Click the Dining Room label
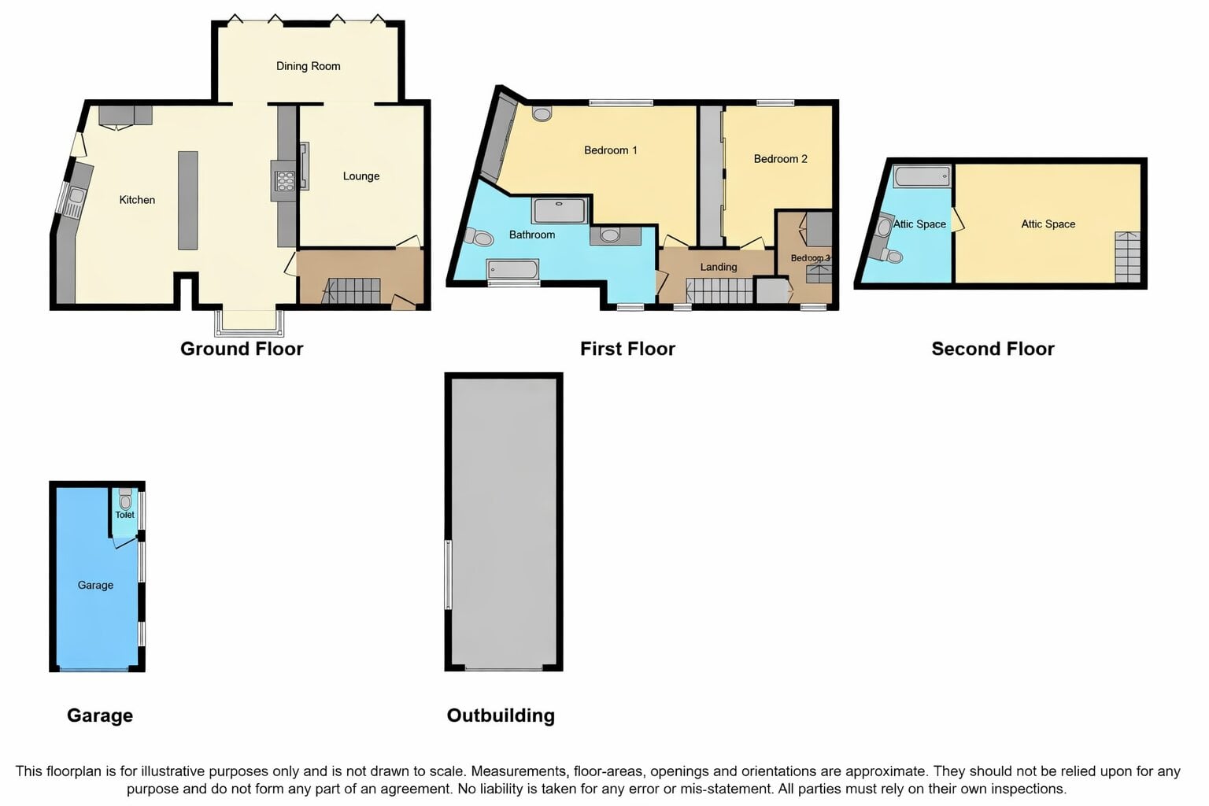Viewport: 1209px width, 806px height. pos(309,66)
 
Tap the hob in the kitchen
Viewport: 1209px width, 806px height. pos(285,180)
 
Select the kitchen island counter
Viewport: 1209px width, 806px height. pos(188,200)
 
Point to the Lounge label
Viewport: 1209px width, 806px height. pos(361,176)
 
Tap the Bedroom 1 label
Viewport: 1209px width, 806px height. pos(611,150)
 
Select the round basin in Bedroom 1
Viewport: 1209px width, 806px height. pos(542,113)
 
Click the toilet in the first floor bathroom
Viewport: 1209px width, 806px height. pos(479,237)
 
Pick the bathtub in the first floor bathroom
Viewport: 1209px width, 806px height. pos(512,269)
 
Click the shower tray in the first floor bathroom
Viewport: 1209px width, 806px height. pos(559,210)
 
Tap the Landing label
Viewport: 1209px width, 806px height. pos(719,267)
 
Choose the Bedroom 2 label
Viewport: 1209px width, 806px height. pos(781,159)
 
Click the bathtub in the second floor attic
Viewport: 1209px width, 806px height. pos(922,176)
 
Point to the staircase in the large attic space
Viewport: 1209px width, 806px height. pos(1127,257)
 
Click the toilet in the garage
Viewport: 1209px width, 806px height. pos(125,499)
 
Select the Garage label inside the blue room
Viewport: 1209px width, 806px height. pos(95,585)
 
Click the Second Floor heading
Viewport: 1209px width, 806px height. pos(993,349)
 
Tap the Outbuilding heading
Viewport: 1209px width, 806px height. pos(501,715)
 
